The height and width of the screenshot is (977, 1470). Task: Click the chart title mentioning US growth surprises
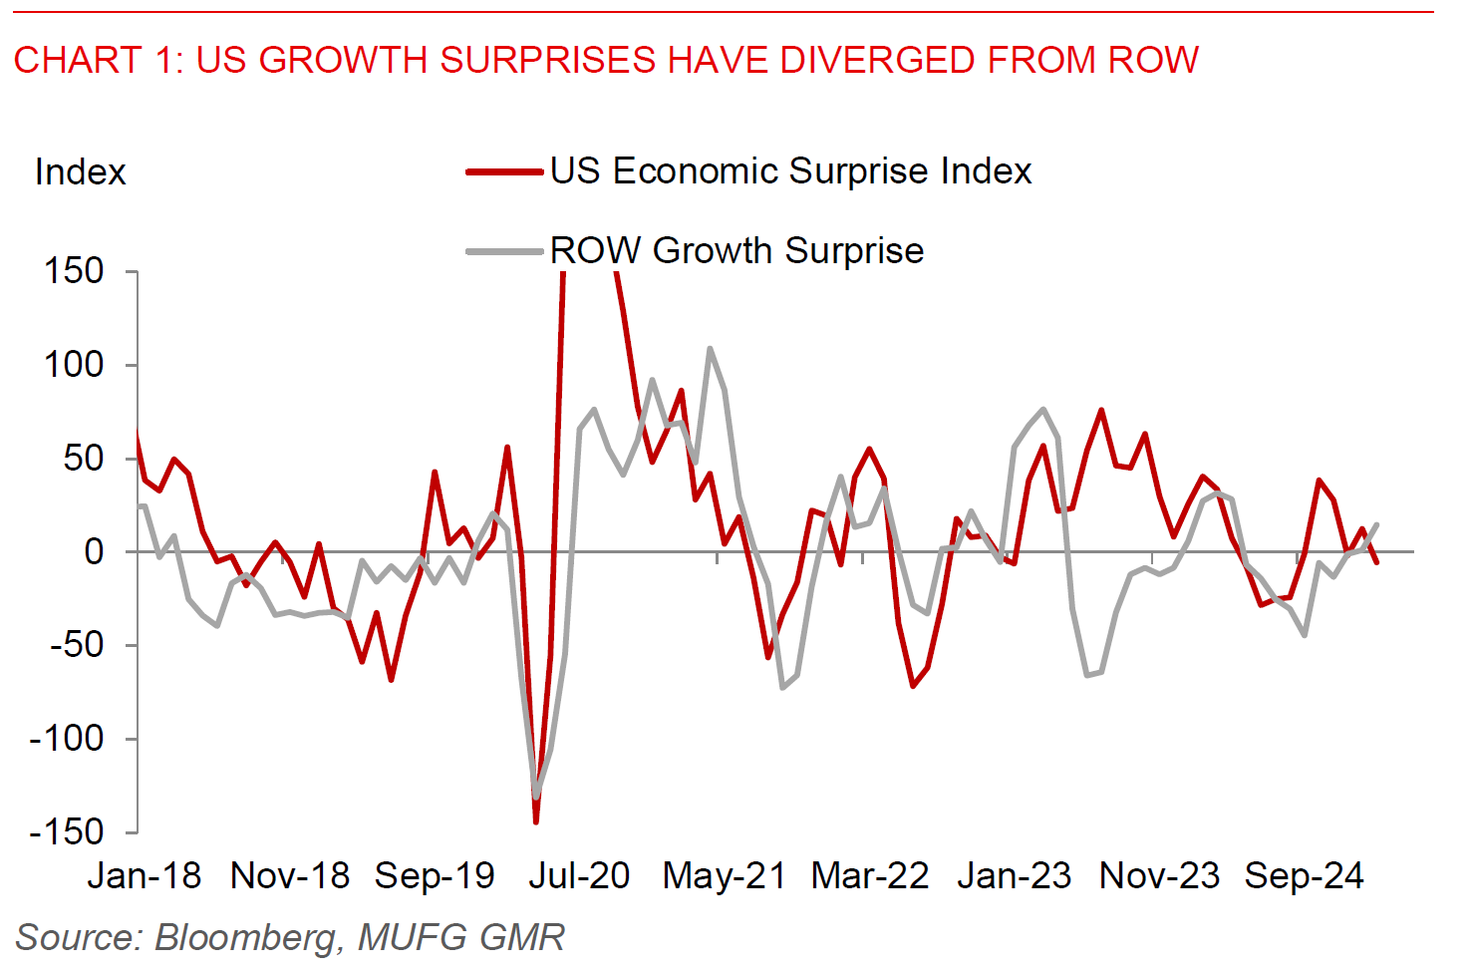pyautogui.click(x=606, y=61)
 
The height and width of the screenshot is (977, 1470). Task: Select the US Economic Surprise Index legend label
pyautogui.click(x=790, y=171)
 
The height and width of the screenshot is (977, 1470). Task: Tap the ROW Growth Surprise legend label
pyautogui.click(x=736, y=251)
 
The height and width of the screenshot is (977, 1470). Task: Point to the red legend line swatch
pyautogui.click(x=505, y=172)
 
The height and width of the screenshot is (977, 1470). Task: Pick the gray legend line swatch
pyautogui.click(x=505, y=251)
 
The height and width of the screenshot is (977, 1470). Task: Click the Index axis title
pyautogui.click(x=80, y=172)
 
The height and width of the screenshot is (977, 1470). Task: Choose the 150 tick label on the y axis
pyautogui.click(x=74, y=271)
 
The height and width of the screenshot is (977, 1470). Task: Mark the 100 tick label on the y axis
pyautogui.click(x=74, y=365)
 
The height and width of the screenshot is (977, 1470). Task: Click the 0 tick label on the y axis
pyautogui.click(x=94, y=551)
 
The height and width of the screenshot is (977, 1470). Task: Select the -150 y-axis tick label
pyautogui.click(x=66, y=831)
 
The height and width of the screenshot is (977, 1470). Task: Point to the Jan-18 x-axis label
pyautogui.click(x=145, y=876)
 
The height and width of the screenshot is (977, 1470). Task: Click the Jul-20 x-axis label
pyautogui.click(x=579, y=876)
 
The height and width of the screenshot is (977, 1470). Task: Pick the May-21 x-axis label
pyautogui.click(x=724, y=876)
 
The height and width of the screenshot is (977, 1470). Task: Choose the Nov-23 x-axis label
pyautogui.click(x=1159, y=876)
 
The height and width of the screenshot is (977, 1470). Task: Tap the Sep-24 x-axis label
pyautogui.click(x=1304, y=876)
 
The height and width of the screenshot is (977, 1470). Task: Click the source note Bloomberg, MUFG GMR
pyautogui.click(x=290, y=938)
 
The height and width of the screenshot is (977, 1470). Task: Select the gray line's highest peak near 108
pyautogui.click(x=710, y=349)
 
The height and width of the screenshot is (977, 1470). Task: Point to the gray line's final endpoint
pyautogui.click(x=1377, y=524)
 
